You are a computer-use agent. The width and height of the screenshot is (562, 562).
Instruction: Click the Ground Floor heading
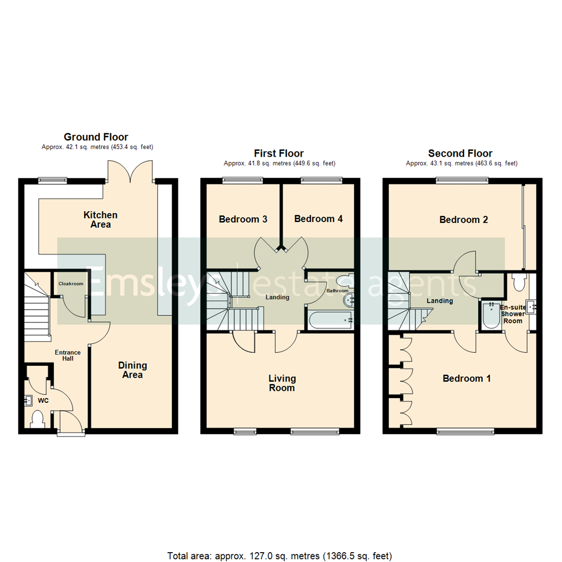tap(96, 137)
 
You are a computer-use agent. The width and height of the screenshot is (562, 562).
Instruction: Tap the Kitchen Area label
tap(101, 220)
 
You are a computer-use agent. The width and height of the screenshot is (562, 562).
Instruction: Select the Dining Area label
tap(132, 370)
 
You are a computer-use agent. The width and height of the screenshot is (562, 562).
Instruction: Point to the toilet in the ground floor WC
tap(37, 419)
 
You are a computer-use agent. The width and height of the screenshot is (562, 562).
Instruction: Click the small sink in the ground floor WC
tap(28, 401)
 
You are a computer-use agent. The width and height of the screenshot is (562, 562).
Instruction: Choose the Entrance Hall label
tap(65, 355)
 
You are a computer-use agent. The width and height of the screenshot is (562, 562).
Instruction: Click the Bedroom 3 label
tap(243, 219)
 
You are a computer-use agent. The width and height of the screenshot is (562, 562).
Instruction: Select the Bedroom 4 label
tap(318, 219)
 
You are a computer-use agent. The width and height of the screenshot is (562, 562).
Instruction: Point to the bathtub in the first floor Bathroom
tap(330, 320)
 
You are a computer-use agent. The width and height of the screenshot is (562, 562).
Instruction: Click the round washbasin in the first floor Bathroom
tap(349, 300)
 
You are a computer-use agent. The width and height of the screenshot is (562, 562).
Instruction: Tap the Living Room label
tap(282, 383)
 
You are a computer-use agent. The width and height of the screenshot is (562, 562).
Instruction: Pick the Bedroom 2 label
tap(463, 220)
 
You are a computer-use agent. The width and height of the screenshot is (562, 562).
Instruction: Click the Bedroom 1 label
tap(466, 378)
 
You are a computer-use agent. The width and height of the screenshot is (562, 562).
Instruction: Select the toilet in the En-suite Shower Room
tap(518, 283)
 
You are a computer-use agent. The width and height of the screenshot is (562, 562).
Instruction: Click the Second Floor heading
tap(460, 154)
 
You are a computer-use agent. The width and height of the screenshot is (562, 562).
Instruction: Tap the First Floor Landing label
tap(277, 298)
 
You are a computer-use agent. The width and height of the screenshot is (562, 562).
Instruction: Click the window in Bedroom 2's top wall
tap(462, 181)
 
